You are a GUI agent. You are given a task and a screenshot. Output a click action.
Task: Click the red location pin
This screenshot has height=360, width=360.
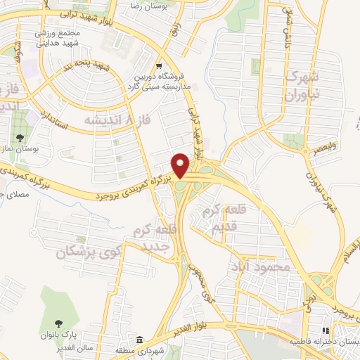coord(182,165)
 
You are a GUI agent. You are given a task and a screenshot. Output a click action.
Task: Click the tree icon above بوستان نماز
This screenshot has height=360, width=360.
coord(20,138)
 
